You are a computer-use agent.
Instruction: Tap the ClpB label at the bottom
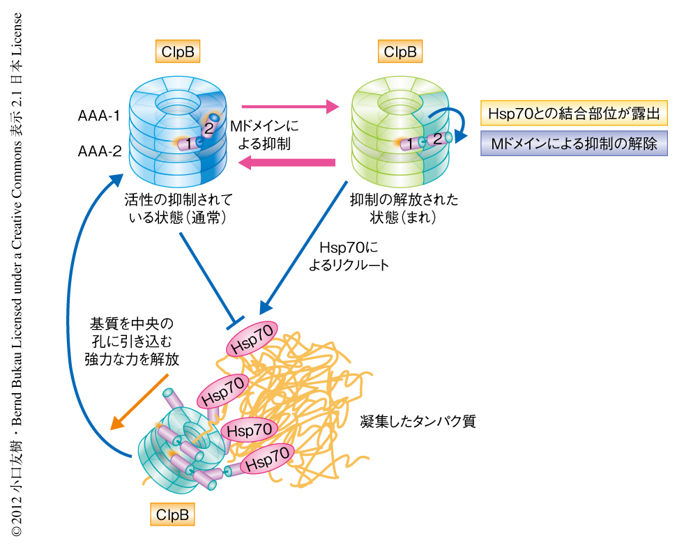point(172,515)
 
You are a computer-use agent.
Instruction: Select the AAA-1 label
point(98,116)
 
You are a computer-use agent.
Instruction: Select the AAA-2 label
point(98,149)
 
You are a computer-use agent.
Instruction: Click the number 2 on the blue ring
point(208,128)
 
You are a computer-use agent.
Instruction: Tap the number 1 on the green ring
point(412,144)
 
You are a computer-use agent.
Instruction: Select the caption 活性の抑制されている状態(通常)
point(178,208)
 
